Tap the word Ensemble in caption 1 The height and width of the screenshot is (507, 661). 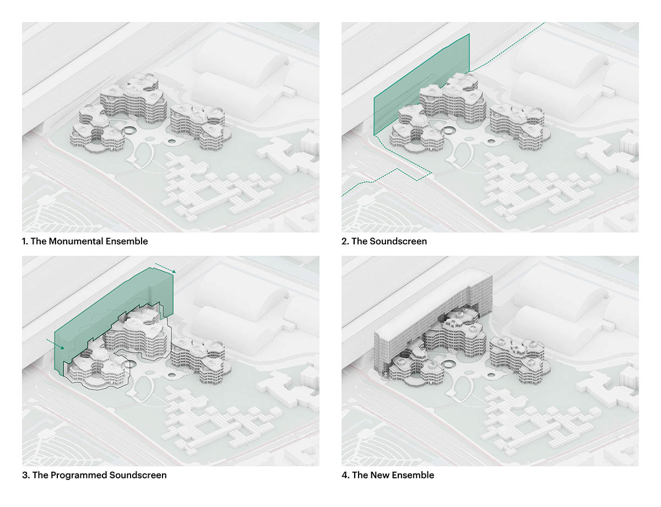[127, 241]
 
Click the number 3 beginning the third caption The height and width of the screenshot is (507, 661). [25, 475]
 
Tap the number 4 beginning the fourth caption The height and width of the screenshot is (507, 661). [345, 475]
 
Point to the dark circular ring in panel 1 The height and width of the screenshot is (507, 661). [129, 132]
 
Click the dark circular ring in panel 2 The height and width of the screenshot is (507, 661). [449, 132]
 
